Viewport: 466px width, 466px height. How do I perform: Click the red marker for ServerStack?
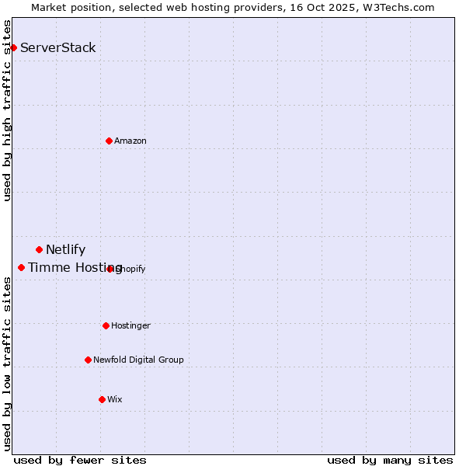(x=13, y=47)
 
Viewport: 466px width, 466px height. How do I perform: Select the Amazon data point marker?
(x=109, y=141)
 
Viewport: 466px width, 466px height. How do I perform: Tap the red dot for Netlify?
(x=39, y=249)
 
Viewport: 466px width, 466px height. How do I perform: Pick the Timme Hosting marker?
(x=21, y=267)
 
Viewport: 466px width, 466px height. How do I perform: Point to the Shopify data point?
(x=110, y=269)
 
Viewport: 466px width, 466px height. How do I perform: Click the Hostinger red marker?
(x=106, y=325)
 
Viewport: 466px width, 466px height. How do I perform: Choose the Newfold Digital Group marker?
(x=88, y=360)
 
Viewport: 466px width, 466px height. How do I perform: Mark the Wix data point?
(x=102, y=399)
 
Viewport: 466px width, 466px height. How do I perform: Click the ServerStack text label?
(x=58, y=47)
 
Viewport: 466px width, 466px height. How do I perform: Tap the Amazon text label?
(x=130, y=141)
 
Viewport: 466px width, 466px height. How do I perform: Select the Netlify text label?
(x=66, y=249)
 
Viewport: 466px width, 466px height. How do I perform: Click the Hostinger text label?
(x=130, y=325)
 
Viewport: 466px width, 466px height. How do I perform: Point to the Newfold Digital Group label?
(x=138, y=360)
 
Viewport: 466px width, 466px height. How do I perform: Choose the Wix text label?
(x=115, y=399)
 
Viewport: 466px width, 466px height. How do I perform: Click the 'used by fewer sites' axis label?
(x=80, y=460)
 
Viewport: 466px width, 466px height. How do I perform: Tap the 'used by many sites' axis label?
(x=390, y=460)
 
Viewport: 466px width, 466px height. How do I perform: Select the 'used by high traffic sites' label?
(x=7, y=110)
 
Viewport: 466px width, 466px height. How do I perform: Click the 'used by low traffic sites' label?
(x=7, y=363)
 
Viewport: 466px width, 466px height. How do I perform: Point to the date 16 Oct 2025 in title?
(x=316, y=7)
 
